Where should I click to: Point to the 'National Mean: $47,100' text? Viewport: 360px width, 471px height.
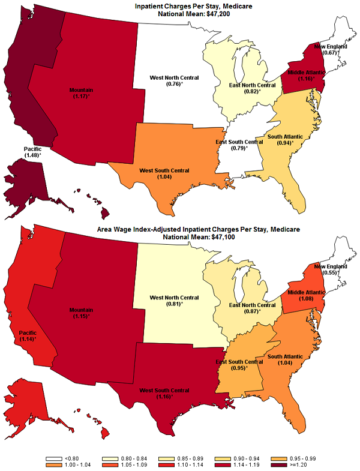(179, 237)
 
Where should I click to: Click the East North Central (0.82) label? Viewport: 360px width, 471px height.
(252, 88)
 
